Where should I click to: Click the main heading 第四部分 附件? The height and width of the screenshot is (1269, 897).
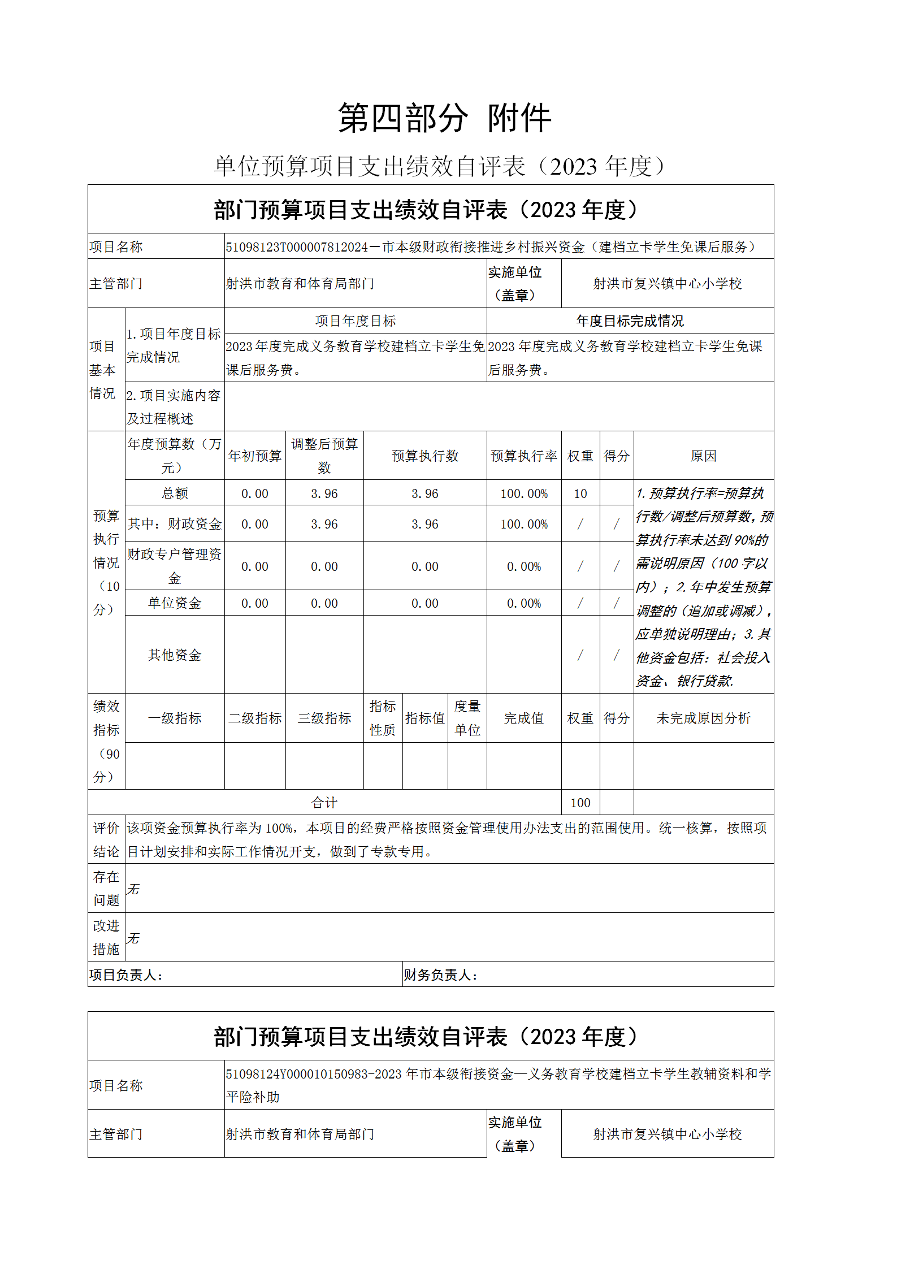pos(444,119)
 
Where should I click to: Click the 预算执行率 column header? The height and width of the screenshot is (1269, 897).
pos(523,456)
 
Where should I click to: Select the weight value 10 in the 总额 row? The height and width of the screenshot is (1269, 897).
pos(580,493)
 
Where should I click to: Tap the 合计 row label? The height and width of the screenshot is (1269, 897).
pos(324,802)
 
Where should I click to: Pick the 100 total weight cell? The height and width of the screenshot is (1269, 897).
pos(580,802)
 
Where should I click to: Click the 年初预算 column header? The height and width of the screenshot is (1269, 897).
pos(254,456)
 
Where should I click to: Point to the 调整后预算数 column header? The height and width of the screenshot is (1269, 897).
pos(324,456)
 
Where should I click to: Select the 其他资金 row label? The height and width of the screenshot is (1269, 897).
pos(175,655)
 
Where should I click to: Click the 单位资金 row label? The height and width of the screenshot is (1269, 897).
pos(175,603)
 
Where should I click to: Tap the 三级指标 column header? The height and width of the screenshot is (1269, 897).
pos(324,718)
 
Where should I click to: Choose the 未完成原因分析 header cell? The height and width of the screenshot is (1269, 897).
pos(703,718)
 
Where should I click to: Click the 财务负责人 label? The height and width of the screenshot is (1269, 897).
pos(440,975)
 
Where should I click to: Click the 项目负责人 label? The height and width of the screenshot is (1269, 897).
pos(126,975)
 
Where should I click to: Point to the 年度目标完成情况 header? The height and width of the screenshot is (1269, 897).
pos(630,321)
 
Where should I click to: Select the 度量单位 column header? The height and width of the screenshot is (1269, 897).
pos(467,718)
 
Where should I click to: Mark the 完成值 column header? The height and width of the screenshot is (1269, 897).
pos(523,718)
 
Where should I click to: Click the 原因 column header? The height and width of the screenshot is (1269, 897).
pos(703,456)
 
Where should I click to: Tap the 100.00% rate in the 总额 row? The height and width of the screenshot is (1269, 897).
pos(523,493)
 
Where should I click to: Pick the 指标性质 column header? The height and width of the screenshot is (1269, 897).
pos(383,718)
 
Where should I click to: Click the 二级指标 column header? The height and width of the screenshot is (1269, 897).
pos(254,718)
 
